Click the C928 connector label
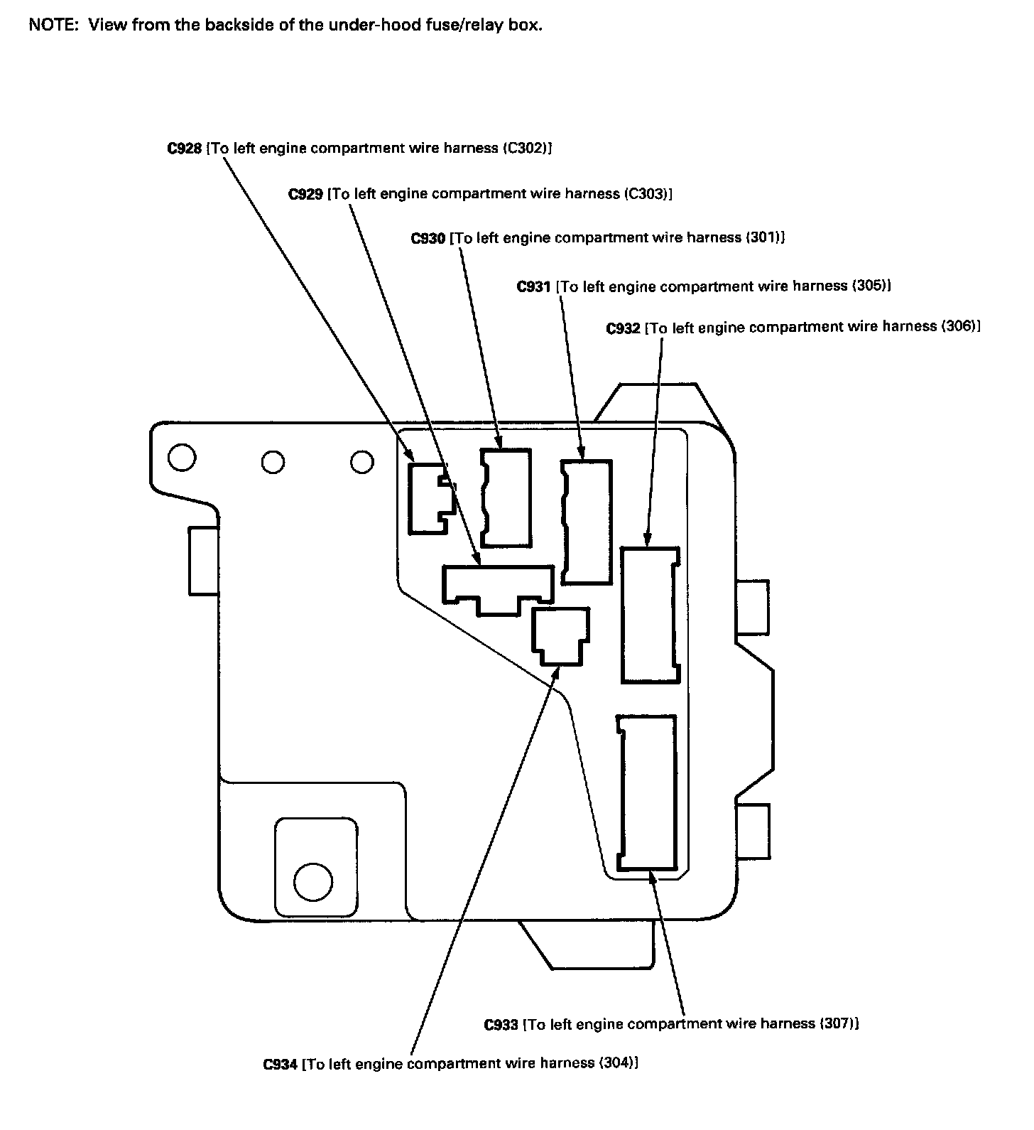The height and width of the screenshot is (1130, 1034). pyautogui.click(x=185, y=149)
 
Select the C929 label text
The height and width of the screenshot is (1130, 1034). pyautogui.click(x=306, y=194)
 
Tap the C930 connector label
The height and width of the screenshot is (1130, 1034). pyautogui.click(x=428, y=238)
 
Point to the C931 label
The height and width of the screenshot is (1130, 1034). pyautogui.click(x=533, y=286)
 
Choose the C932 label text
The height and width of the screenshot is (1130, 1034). pyautogui.click(x=624, y=328)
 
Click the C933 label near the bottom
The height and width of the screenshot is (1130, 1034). pyautogui.click(x=501, y=1025)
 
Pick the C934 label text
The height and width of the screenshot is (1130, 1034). pyautogui.click(x=280, y=1065)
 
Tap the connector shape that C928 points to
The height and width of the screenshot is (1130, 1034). pyautogui.click(x=429, y=497)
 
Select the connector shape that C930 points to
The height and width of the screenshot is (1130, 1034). pyautogui.click(x=506, y=497)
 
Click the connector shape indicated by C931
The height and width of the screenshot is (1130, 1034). pyautogui.click(x=587, y=522)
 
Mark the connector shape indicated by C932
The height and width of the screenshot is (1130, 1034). pyautogui.click(x=649, y=615)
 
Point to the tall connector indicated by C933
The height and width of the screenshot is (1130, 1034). pyautogui.click(x=646, y=792)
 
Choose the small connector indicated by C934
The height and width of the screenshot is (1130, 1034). pyautogui.click(x=561, y=635)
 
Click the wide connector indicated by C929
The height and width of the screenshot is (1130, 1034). pyautogui.click(x=498, y=587)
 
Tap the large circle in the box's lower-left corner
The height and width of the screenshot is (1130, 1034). pyautogui.click(x=312, y=881)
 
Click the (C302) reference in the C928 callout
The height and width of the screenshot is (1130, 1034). pyautogui.click(x=526, y=149)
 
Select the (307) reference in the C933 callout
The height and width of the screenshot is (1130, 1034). pyautogui.click(x=837, y=1024)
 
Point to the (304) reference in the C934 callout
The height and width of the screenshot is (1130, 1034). pyautogui.click(x=616, y=1064)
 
